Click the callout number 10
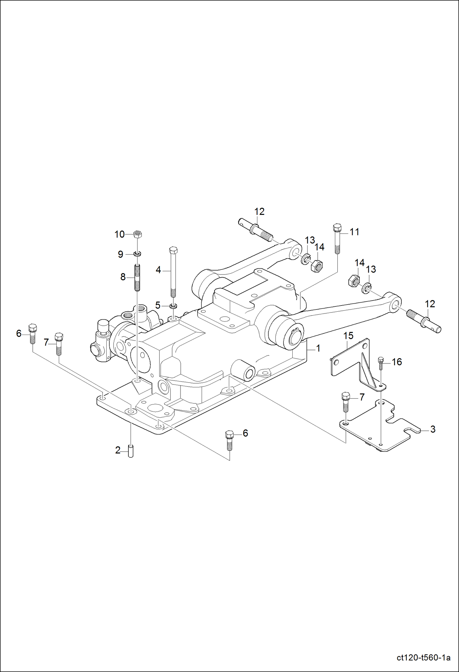point(119,234)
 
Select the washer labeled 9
point(137,254)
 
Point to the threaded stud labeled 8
point(137,278)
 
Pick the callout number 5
point(158,305)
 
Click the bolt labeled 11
point(337,239)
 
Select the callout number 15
point(348,336)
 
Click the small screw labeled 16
point(381,364)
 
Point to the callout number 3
point(433,429)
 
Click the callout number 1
point(318,348)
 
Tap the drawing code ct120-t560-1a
point(423,658)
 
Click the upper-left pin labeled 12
point(255,229)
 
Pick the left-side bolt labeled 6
point(32,334)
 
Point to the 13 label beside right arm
point(371,269)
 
